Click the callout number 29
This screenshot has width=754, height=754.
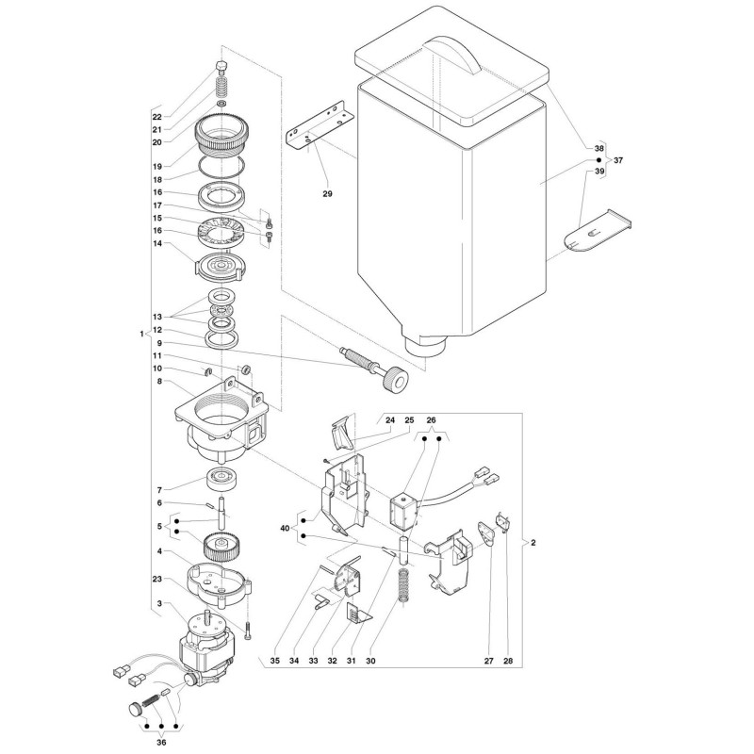327,194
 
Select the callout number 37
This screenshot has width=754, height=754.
618,160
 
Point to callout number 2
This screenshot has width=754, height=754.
533,543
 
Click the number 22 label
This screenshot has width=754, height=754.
157,117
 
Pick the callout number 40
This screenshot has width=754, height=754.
285,529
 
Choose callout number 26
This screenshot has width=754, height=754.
431,420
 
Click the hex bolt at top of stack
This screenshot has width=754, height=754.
221,66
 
